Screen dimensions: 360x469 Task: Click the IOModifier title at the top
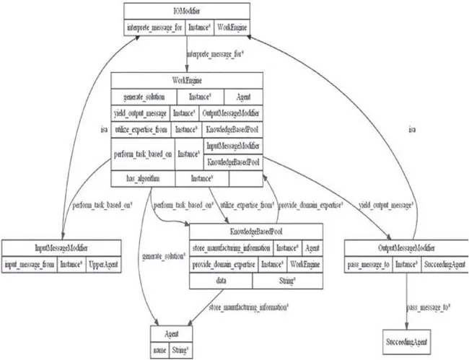click(x=186, y=11)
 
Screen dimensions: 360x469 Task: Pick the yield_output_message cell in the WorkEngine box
click(x=141, y=113)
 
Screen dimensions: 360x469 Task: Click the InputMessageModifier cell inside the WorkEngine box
click(x=232, y=146)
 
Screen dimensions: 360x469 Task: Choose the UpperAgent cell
click(x=102, y=265)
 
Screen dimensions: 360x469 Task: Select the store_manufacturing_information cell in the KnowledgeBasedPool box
click(x=231, y=250)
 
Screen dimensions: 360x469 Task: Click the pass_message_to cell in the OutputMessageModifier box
click(x=369, y=265)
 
